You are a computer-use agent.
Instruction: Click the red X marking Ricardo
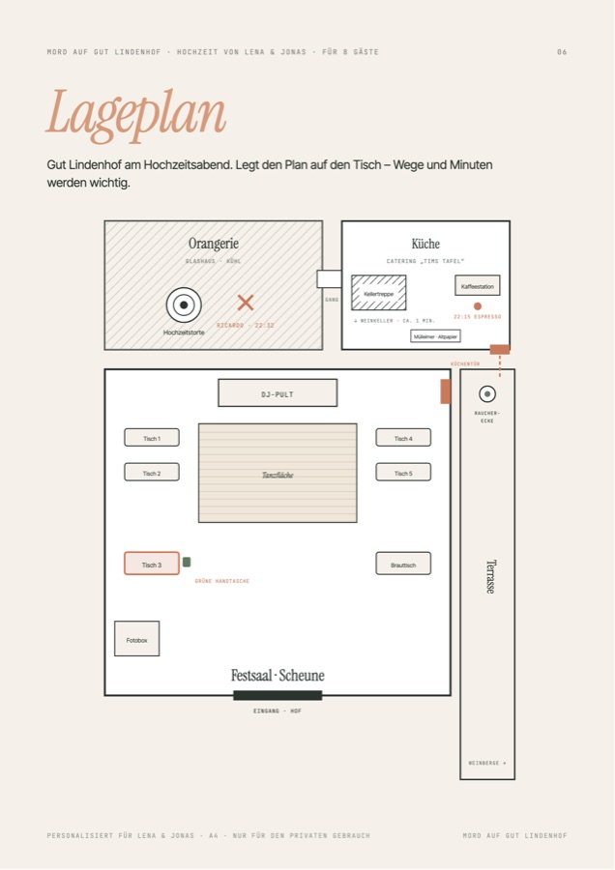point(246,303)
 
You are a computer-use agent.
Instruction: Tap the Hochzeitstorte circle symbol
point(184,304)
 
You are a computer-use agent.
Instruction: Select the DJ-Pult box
point(278,392)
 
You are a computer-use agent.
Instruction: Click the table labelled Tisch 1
point(152,437)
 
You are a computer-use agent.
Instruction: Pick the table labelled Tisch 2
point(152,472)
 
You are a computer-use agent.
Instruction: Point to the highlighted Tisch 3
point(152,564)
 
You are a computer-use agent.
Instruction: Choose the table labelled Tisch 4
point(403,437)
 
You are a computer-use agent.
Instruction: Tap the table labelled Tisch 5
point(403,472)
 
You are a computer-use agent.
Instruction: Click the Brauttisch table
point(403,564)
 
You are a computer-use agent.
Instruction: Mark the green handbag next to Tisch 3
point(187,562)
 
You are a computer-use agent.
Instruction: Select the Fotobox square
point(137,639)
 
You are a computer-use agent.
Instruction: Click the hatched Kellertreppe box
point(378,292)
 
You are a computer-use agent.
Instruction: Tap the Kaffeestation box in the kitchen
point(478,285)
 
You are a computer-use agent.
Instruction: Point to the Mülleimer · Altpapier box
point(436,335)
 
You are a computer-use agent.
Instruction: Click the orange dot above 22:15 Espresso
point(478,306)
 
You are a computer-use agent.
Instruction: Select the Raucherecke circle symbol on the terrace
point(487,394)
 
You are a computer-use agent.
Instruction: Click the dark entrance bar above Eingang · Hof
point(278,695)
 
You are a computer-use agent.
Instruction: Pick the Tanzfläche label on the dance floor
point(278,475)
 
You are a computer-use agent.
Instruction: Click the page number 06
point(562,52)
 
